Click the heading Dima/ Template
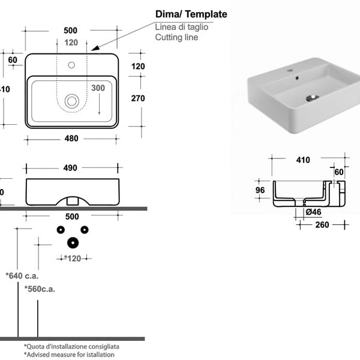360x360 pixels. [x=191, y=14]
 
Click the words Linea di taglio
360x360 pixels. [x=182, y=27]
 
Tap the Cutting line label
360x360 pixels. [x=176, y=37]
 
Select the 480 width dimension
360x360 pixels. [x=71, y=139]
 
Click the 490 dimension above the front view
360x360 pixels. [x=70, y=168]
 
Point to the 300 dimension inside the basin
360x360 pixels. [x=98, y=88]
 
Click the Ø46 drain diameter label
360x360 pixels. [x=313, y=212]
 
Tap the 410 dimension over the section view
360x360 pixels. [x=303, y=160]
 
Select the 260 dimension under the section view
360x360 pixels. [x=322, y=225]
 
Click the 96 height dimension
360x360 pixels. [x=260, y=190]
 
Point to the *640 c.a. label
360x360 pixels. [x=22, y=276]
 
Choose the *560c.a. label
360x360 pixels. [x=40, y=289]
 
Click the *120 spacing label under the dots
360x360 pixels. [x=73, y=258]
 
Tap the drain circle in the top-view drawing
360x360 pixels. [x=72, y=101]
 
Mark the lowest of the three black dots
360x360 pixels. [x=73, y=242]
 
